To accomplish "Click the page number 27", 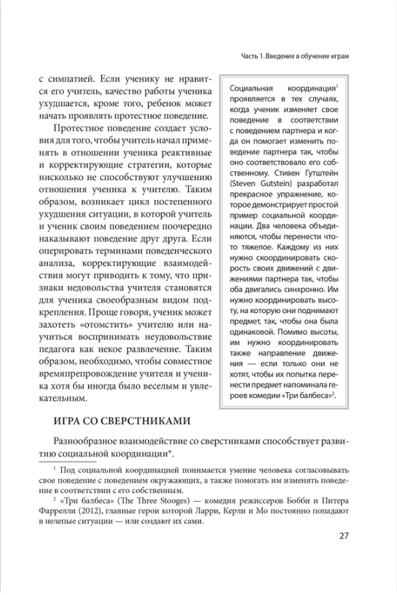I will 345,537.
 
